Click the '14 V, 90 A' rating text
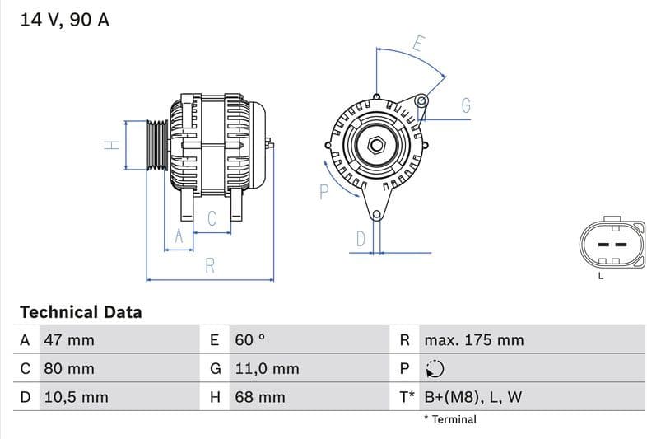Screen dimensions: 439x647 click(x=64, y=21)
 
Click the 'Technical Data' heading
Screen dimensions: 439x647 click(x=81, y=312)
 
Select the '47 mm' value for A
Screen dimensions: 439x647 click(x=70, y=340)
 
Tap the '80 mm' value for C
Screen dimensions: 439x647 click(x=70, y=369)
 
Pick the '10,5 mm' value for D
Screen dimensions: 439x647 click(x=77, y=397)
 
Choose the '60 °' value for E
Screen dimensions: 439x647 click(x=250, y=340)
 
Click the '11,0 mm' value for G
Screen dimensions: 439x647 click(x=267, y=369)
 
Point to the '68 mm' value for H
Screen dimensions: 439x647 click(x=260, y=397)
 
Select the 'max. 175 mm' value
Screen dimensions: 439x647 click(x=473, y=340)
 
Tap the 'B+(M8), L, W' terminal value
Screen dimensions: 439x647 click(x=472, y=397)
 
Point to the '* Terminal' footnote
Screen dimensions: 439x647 click(x=449, y=419)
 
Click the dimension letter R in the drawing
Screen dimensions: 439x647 click(x=210, y=265)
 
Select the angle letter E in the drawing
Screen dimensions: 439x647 click(x=418, y=44)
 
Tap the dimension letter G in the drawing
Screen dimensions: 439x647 click(x=466, y=105)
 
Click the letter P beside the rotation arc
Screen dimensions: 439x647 click(x=323, y=192)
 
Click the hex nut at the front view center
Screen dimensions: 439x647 click(x=376, y=146)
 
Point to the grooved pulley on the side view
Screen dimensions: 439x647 click(x=156, y=146)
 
